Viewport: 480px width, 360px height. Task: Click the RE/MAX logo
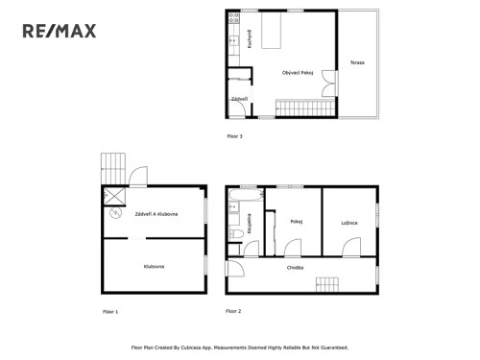tap(60, 32)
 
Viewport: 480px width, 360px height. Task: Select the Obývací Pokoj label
tap(298, 73)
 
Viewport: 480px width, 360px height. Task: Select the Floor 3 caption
tap(234, 136)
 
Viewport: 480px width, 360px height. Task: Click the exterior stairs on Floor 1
tap(113, 167)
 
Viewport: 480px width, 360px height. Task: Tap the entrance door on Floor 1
tap(138, 177)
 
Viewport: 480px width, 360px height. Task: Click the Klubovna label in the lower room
tap(154, 266)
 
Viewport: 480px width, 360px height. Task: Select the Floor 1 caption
tap(110, 312)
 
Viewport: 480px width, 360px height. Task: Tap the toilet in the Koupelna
tap(234, 233)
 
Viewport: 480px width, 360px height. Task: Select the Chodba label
tap(295, 268)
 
